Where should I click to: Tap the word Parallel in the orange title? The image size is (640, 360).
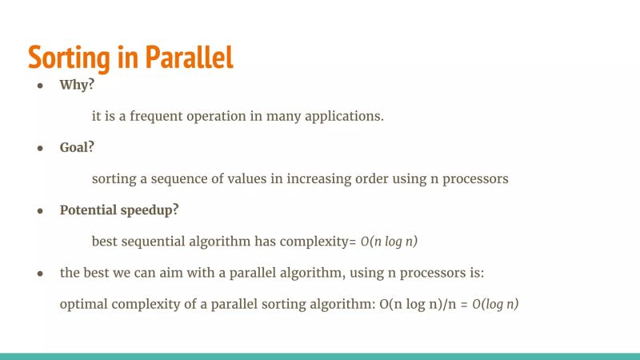pos(189,57)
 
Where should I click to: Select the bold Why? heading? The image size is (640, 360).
pos(78,85)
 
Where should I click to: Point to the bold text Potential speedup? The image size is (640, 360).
pos(119,210)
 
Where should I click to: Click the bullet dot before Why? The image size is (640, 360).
pos(39,86)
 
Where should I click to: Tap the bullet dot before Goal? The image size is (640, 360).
pos(39,148)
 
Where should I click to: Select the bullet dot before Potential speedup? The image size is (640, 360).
pos(39,210)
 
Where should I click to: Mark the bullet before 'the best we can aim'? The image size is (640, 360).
pos(39,274)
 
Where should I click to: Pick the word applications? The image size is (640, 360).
pos(346,116)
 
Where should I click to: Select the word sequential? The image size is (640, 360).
pos(156,241)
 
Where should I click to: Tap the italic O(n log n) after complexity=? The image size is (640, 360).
pos(390,241)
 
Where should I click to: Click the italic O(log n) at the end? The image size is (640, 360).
pos(495,304)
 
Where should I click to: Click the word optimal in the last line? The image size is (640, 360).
pos(82,304)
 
